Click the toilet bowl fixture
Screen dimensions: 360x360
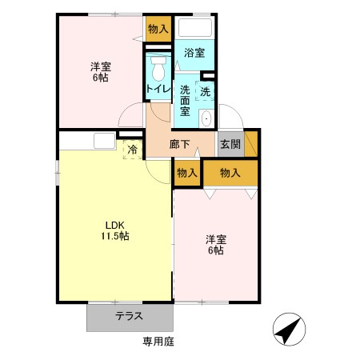pyautogui.click(x=158, y=68)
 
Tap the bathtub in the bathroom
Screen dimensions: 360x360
pyautogui.click(x=195, y=27)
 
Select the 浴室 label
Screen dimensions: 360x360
pyautogui.click(x=194, y=53)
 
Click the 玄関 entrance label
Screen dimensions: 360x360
pyautogui.click(x=230, y=144)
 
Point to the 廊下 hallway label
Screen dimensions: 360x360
pyautogui.click(x=179, y=144)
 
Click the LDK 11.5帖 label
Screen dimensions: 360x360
pyautogui.click(x=115, y=230)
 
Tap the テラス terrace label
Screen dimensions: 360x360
pyautogui.click(x=129, y=316)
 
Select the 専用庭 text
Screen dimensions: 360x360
pyautogui.click(x=158, y=342)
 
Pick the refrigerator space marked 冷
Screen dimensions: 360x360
pyautogui.click(x=133, y=150)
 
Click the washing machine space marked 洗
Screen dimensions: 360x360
pyautogui.click(x=205, y=91)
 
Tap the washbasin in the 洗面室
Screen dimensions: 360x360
pyautogui.click(x=206, y=118)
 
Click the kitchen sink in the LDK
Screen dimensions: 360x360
pyautogui.click(x=105, y=141)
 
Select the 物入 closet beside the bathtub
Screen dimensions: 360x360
pyautogui.click(x=158, y=29)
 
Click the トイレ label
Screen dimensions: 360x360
pyautogui.click(x=158, y=89)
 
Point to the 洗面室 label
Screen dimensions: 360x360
pyautogui.click(x=185, y=101)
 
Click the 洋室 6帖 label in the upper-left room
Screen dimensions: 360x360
pyautogui.click(x=101, y=72)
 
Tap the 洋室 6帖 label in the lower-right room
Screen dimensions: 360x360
pyautogui.click(x=216, y=245)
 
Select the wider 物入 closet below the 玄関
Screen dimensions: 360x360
pyautogui.click(x=230, y=173)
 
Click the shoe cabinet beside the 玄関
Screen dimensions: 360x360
pyautogui.click(x=251, y=144)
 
